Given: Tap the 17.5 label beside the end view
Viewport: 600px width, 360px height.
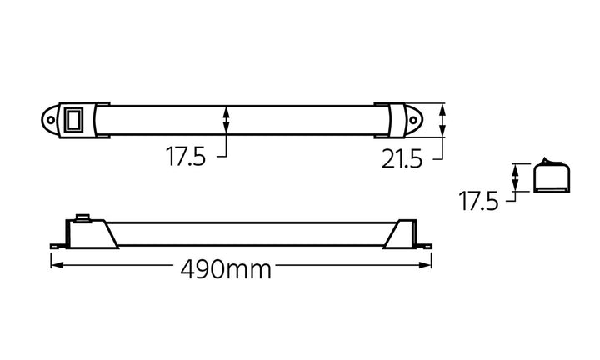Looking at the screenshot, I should point(477,200).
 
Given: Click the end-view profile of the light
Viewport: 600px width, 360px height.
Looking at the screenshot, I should point(550,177).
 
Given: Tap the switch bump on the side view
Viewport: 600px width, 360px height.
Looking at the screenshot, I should point(82,217).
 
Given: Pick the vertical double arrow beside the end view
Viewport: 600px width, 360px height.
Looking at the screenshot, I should point(516,177).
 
